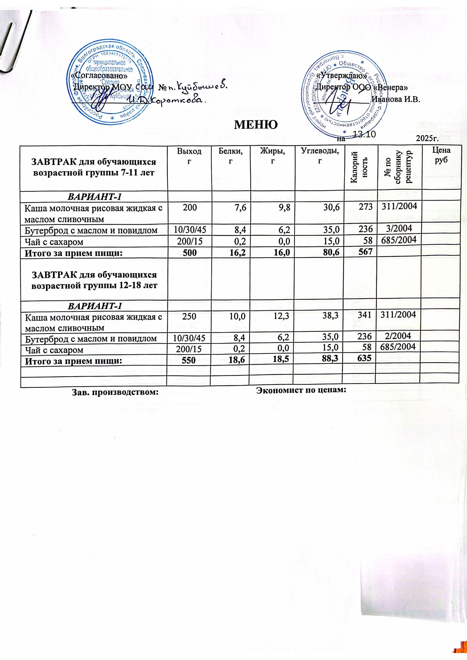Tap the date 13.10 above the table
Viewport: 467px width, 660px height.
pos(363,134)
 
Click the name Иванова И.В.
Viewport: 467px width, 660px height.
pos(397,100)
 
